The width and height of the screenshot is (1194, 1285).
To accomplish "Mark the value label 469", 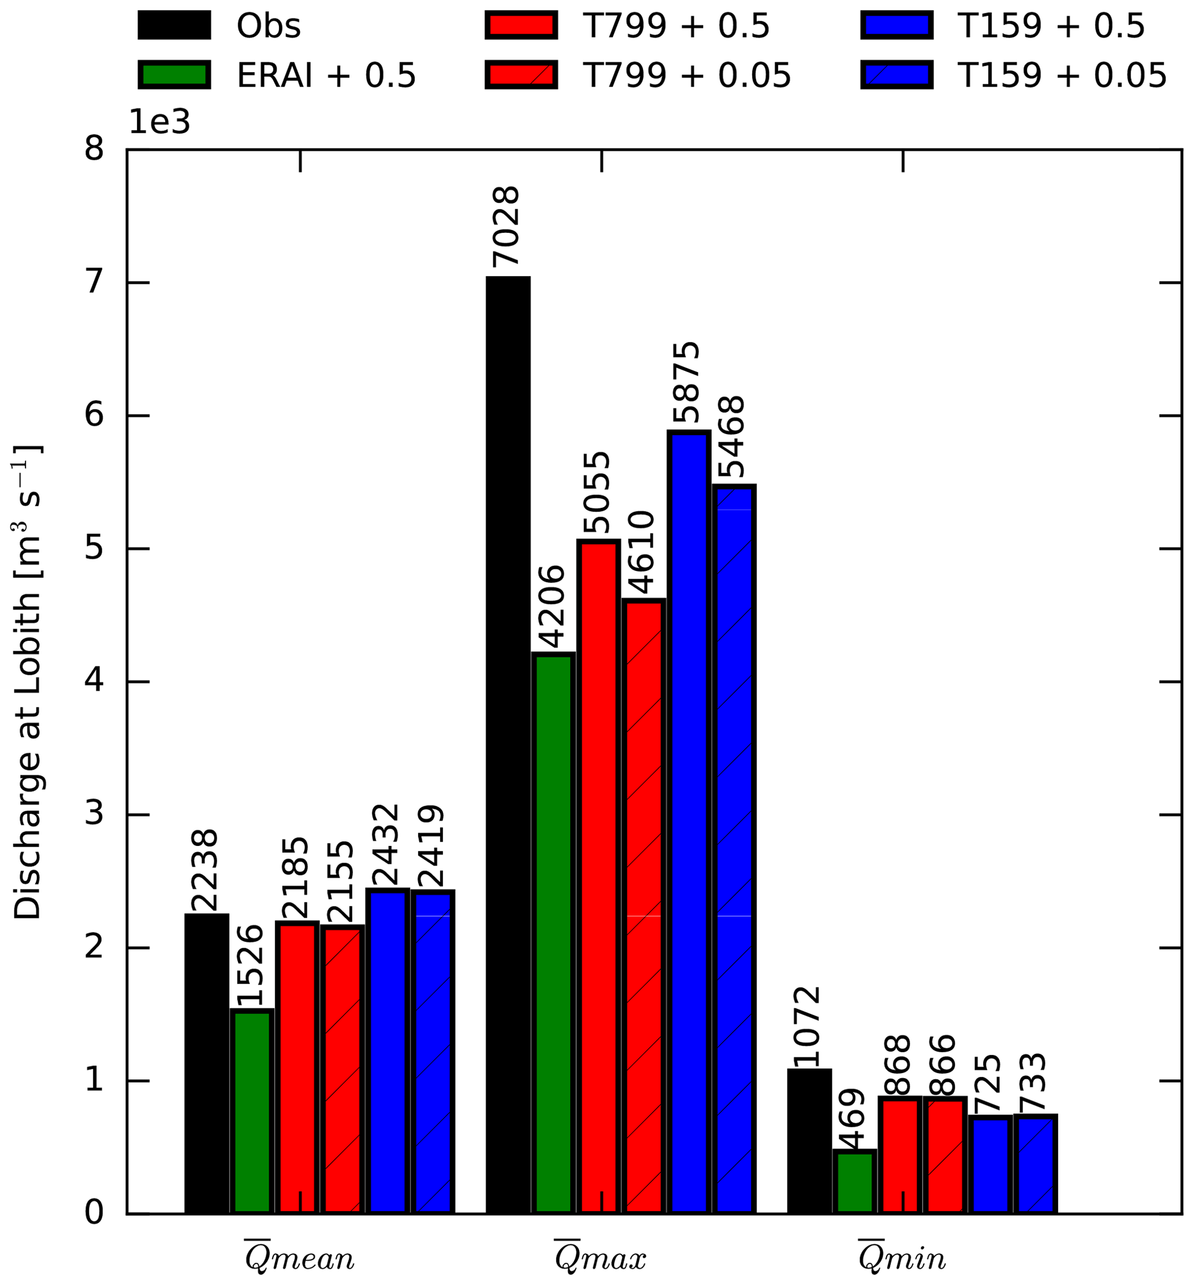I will [x=854, y=1119].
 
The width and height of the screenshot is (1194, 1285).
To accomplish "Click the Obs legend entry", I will [x=220, y=27].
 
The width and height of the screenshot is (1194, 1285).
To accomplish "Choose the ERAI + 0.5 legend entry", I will [x=278, y=76].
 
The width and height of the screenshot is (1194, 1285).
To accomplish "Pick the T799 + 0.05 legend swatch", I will [x=521, y=76].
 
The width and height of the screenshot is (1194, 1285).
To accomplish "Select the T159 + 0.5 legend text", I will [x=1051, y=27].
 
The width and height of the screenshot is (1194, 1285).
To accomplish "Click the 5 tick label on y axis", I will [x=94, y=548].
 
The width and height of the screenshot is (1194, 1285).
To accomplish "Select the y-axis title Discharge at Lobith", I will [x=27, y=681].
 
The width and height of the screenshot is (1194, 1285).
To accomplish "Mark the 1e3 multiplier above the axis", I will [x=159, y=121].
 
